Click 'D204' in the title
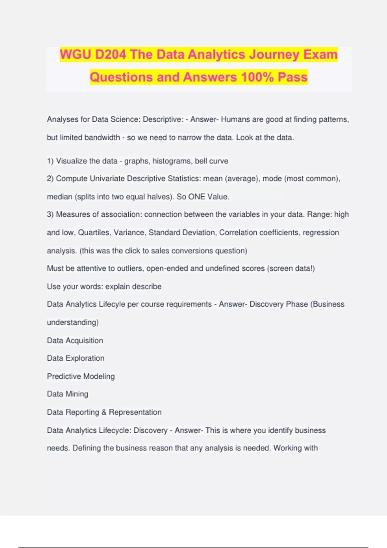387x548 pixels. coord(111,54)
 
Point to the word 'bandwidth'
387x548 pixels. coord(103,138)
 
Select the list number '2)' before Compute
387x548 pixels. coord(50,179)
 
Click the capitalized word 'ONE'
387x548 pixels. coord(196,197)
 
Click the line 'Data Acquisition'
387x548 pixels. coord(75,341)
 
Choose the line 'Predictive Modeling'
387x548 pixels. coord(81,377)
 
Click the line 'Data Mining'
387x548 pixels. coord(68,394)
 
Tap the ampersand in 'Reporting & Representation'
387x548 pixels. coord(104,412)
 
